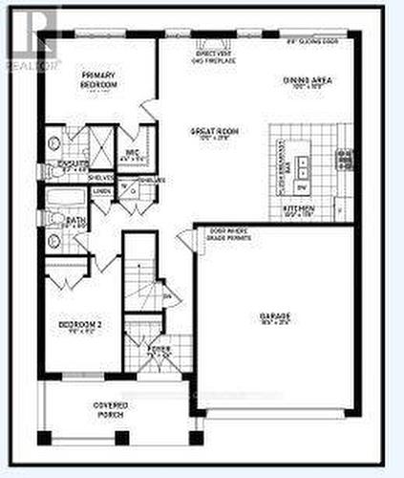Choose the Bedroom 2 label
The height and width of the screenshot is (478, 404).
point(80,326)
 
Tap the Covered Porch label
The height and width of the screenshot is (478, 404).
point(111,409)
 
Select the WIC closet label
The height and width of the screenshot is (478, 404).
point(134,153)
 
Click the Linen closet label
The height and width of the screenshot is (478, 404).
point(101,190)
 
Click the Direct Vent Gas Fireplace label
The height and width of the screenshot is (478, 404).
point(212,57)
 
